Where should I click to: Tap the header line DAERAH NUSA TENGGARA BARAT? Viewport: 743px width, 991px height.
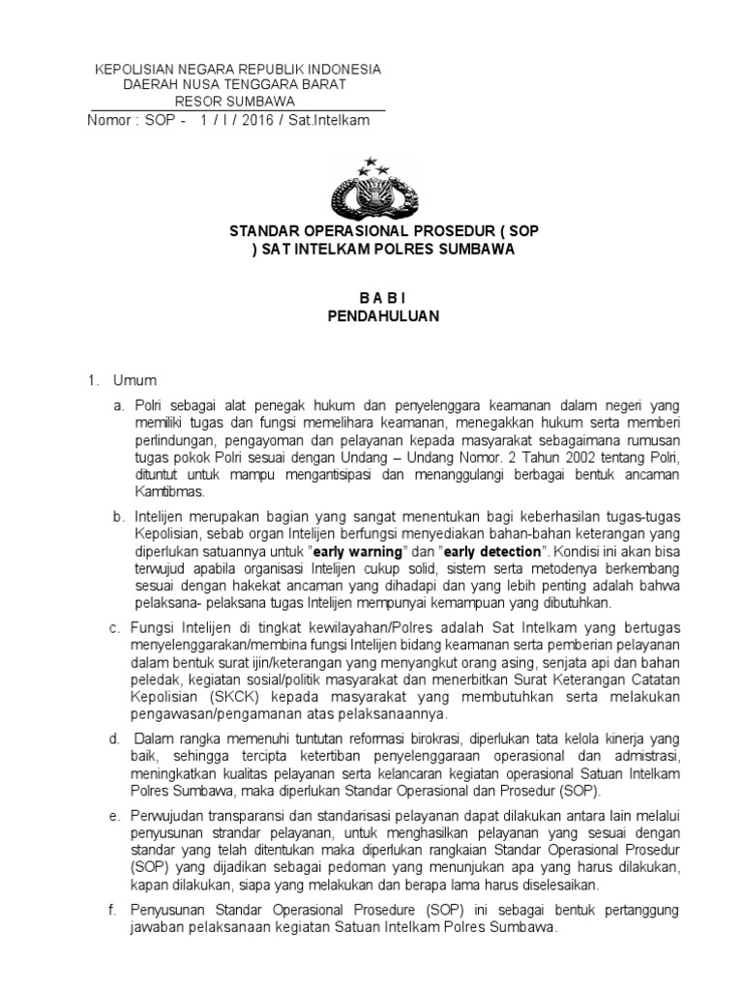[x=237, y=85]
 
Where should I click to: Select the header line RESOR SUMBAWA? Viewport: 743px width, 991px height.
[x=237, y=101]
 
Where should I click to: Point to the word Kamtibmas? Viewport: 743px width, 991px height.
[x=166, y=493]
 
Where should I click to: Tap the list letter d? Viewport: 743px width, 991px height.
[x=113, y=738]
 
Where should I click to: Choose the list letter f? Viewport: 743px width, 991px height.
[x=113, y=911]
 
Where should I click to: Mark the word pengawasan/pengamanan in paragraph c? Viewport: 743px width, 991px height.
[x=214, y=714]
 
